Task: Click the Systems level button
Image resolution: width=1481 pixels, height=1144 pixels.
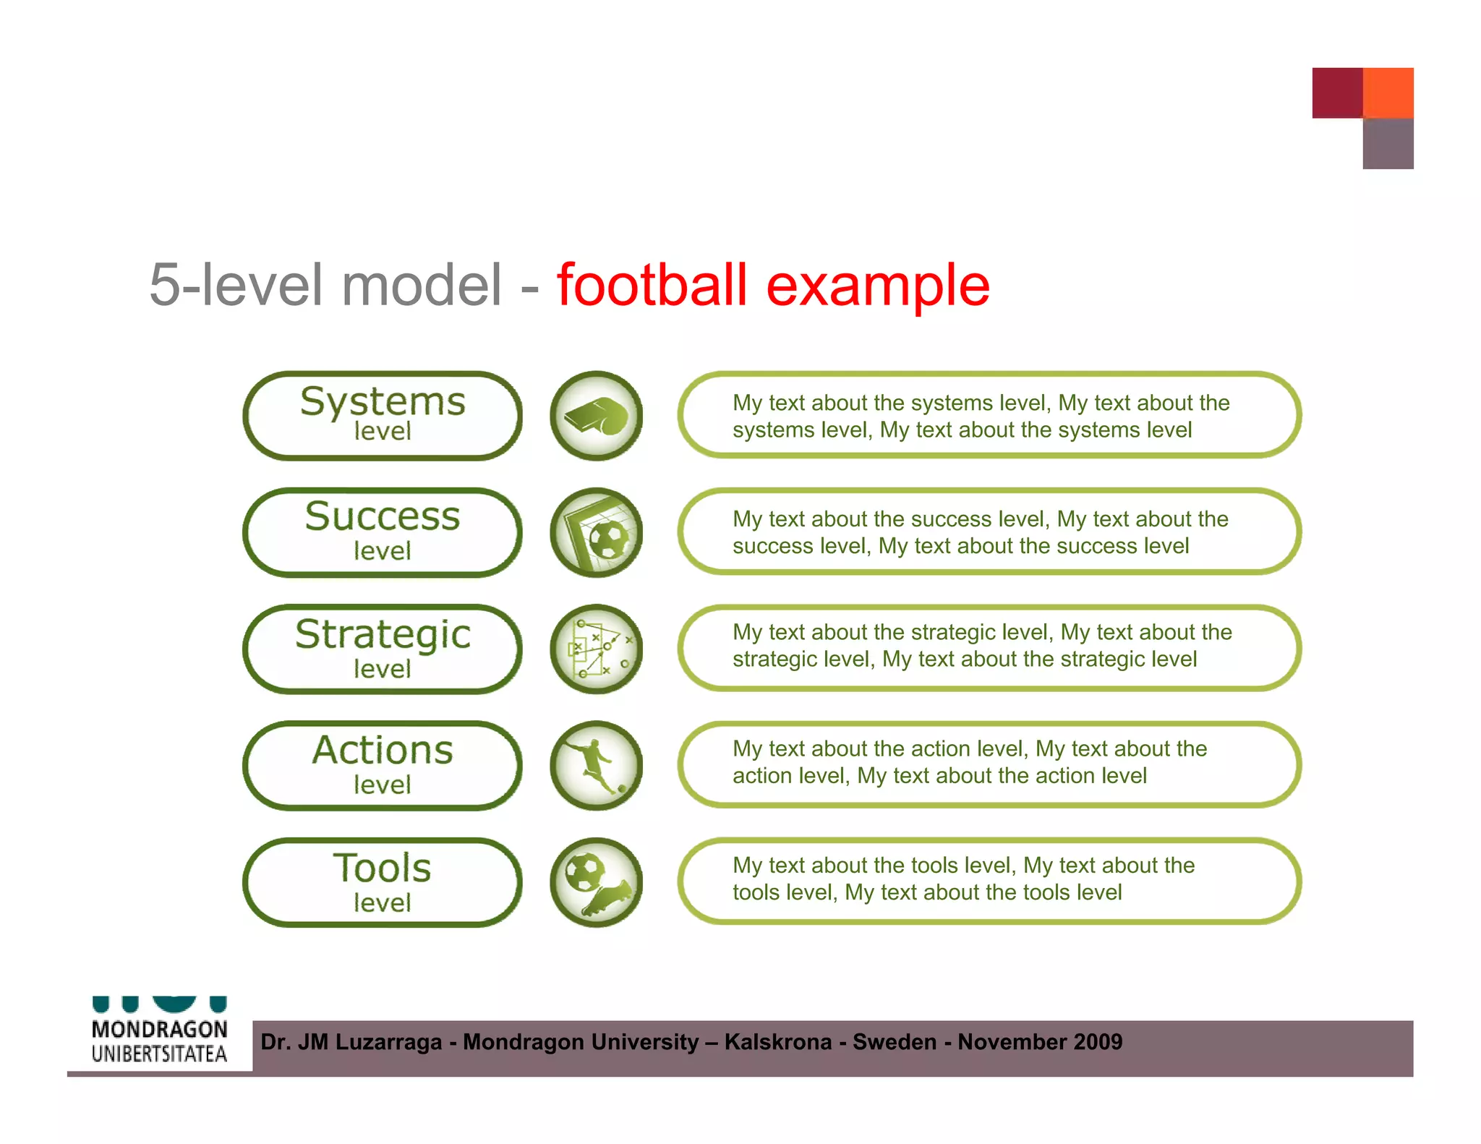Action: pos(382,416)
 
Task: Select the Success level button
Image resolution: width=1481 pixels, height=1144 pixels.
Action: pos(382,532)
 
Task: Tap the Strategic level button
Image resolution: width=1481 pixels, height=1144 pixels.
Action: pos(382,649)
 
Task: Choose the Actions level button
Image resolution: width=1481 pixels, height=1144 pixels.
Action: pos(382,765)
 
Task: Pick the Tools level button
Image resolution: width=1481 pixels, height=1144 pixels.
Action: pos(382,882)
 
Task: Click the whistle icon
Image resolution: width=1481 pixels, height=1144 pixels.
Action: pos(596,416)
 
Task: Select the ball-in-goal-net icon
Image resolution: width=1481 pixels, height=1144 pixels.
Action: pos(596,532)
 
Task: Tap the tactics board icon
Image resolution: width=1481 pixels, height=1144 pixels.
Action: pos(596,649)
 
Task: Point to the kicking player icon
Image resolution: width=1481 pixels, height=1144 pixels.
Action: pos(596,765)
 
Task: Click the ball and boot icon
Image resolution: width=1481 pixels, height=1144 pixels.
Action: pos(596,882)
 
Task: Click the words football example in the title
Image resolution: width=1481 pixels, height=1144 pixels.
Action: pos(772,285)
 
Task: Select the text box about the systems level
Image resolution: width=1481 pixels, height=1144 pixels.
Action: pos(989,416)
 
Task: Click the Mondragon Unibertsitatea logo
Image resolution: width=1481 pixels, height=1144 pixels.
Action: pos(159,1034)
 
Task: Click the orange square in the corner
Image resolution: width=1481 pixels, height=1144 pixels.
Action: pos(1388,93)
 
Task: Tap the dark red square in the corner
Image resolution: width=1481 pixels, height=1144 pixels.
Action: pos(1337,93)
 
